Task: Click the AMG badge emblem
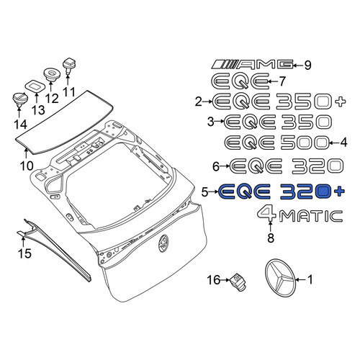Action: pos(253,64)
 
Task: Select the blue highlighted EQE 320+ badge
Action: pos(282,192)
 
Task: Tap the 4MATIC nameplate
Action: pos(300,214)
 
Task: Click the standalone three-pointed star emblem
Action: pos(280,279)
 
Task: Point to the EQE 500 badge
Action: pos(276,143)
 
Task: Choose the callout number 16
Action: pos(213,280)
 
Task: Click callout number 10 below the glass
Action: pos(27,166)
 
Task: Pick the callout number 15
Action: pos(25,253)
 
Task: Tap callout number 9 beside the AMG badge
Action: pos(307,65)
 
